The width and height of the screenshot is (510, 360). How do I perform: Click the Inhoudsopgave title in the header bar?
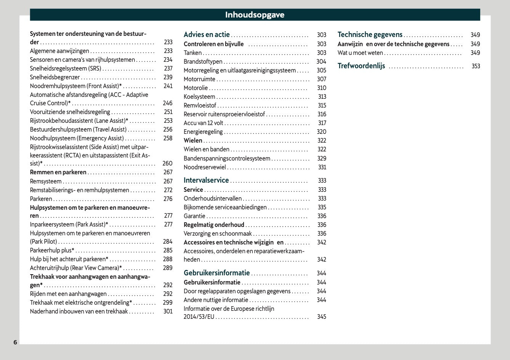click(255, 15)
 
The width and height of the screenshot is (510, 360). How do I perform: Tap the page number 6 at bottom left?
click(15, 342)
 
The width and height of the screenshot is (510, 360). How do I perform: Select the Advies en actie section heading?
click(207, 35)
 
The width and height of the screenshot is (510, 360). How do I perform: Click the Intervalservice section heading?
click(206, 180)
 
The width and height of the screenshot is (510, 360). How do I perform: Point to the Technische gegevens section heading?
click(370, 35)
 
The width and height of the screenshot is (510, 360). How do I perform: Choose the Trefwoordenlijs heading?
click(361, 66)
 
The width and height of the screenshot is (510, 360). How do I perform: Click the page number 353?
click(476, 66)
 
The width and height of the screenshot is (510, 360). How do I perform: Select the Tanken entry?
click(192, 53)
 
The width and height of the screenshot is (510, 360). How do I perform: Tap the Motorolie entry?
click(196, 88)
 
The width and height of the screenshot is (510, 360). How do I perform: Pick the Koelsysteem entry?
click(199, 97)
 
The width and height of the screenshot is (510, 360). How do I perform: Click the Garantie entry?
click(194, 216)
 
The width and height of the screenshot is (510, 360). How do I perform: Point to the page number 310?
click(322, 88)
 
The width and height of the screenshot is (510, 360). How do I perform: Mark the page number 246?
click(168, 103)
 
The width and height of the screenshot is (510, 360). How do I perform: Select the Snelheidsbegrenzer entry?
click(55, 77)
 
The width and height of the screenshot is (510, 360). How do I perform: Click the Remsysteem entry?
click(46, 182)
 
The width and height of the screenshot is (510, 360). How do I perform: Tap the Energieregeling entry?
click(203, 132)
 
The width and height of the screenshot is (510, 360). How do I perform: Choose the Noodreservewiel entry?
click(205, 167)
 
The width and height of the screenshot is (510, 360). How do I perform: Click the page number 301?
click(168, 312)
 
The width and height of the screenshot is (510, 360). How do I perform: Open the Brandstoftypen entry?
click(203, 62)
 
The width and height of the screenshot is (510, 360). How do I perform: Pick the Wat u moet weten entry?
click(360, 53)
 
